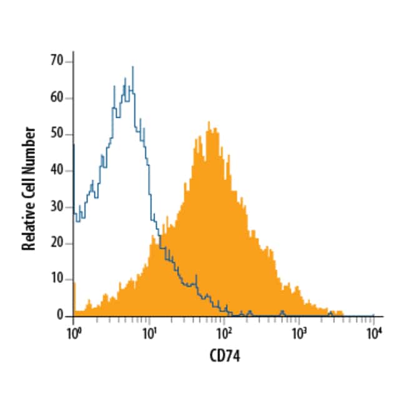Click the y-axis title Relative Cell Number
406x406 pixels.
(29, 189)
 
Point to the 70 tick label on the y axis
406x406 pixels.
(57, 61)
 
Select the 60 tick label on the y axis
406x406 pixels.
(57, 98)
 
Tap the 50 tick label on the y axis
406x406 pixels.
(57, 134)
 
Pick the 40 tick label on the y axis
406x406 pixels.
(57, 171)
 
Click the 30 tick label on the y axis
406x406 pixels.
(57, 207)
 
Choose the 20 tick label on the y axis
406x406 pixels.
(57, 243)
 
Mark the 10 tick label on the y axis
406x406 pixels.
(57, 280)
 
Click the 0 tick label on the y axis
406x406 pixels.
(61, 316)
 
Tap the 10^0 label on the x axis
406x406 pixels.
(74, 332)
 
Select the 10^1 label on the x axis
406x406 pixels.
(149, 332)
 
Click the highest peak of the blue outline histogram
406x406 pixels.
(132, 67)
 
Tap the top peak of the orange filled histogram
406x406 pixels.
(209, 122)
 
